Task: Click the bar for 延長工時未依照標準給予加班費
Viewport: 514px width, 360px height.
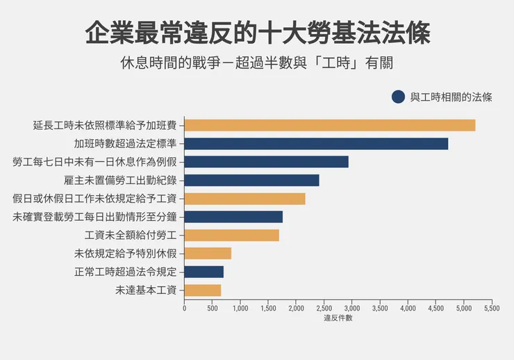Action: click(330, 125)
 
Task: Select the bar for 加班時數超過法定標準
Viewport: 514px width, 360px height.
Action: click(316, 144)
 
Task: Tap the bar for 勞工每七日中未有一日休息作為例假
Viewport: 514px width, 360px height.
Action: click(266, 162)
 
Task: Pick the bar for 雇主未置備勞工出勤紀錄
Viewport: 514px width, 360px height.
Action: click(251, 180)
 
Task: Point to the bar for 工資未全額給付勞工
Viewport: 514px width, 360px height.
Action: click(231, 235)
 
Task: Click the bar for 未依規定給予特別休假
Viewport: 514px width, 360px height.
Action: click(208, 253)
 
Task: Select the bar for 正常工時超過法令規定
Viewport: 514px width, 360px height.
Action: click(204, 272)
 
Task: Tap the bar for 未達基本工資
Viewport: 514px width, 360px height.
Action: click(202, 290)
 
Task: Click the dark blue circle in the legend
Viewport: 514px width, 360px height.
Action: click(398, 97)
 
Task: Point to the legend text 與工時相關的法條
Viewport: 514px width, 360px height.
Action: click(451, 97)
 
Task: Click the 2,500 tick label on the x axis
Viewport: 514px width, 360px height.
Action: click(324, 307)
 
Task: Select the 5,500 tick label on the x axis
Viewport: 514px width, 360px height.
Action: click(491, 307)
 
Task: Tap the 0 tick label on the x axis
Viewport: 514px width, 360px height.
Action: click(184, 307)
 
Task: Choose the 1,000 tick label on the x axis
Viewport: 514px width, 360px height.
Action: click(240, 307)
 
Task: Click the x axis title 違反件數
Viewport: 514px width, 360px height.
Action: click(338, 318)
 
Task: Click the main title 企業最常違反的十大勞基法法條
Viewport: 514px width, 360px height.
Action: click(257, 33)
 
